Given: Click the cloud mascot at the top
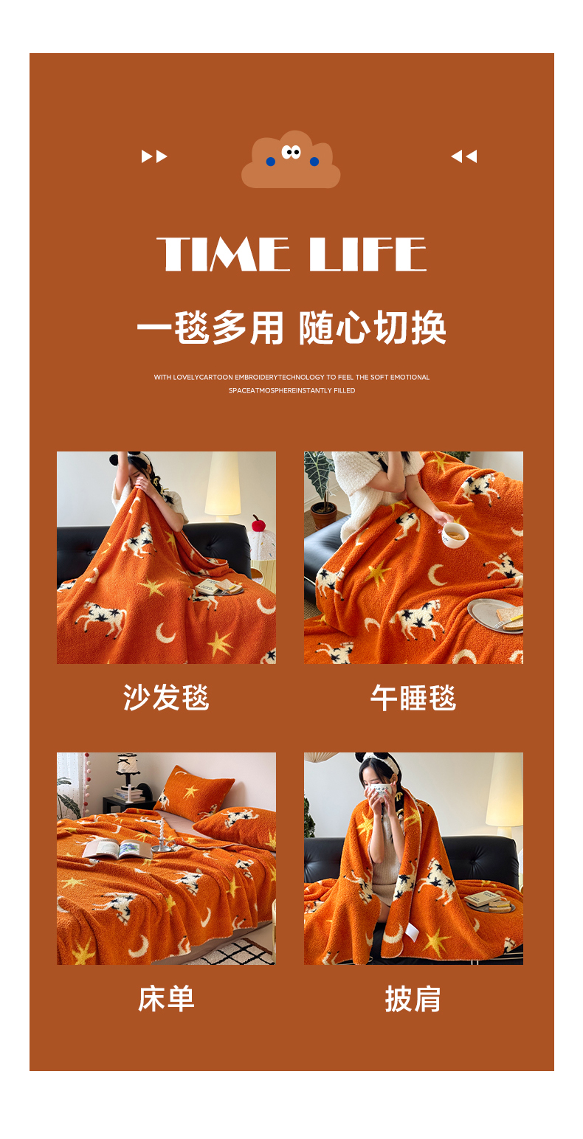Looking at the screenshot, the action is click(291, 160).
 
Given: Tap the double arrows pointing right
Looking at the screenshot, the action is click(154, 156).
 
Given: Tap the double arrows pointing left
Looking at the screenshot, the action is click(464, 156).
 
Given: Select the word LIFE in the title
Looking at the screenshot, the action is click(368, 254).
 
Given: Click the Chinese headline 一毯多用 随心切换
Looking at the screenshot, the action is click(291, 328).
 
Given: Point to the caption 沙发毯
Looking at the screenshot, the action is click(166, 696).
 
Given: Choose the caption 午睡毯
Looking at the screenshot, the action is click(413, 697).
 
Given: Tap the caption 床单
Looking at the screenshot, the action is click(166, 998).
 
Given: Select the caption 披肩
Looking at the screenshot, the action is click(413, 999).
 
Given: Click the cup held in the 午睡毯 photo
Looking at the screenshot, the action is click(455, 534).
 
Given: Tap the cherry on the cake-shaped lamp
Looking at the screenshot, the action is click(258, 523).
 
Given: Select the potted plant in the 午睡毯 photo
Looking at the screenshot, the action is click(320, 488).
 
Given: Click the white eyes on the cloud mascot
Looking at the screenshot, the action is click(291, 151).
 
